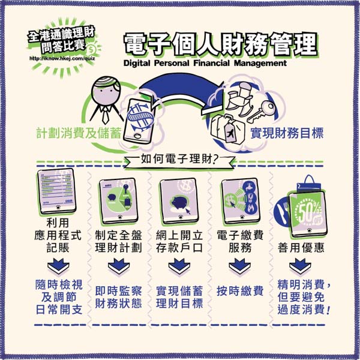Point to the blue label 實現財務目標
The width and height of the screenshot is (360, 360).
click(x=285, y=133)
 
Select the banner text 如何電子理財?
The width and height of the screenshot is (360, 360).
click(x=179, y=160)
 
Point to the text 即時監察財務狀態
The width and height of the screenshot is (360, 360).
click(x=118, y=296)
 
